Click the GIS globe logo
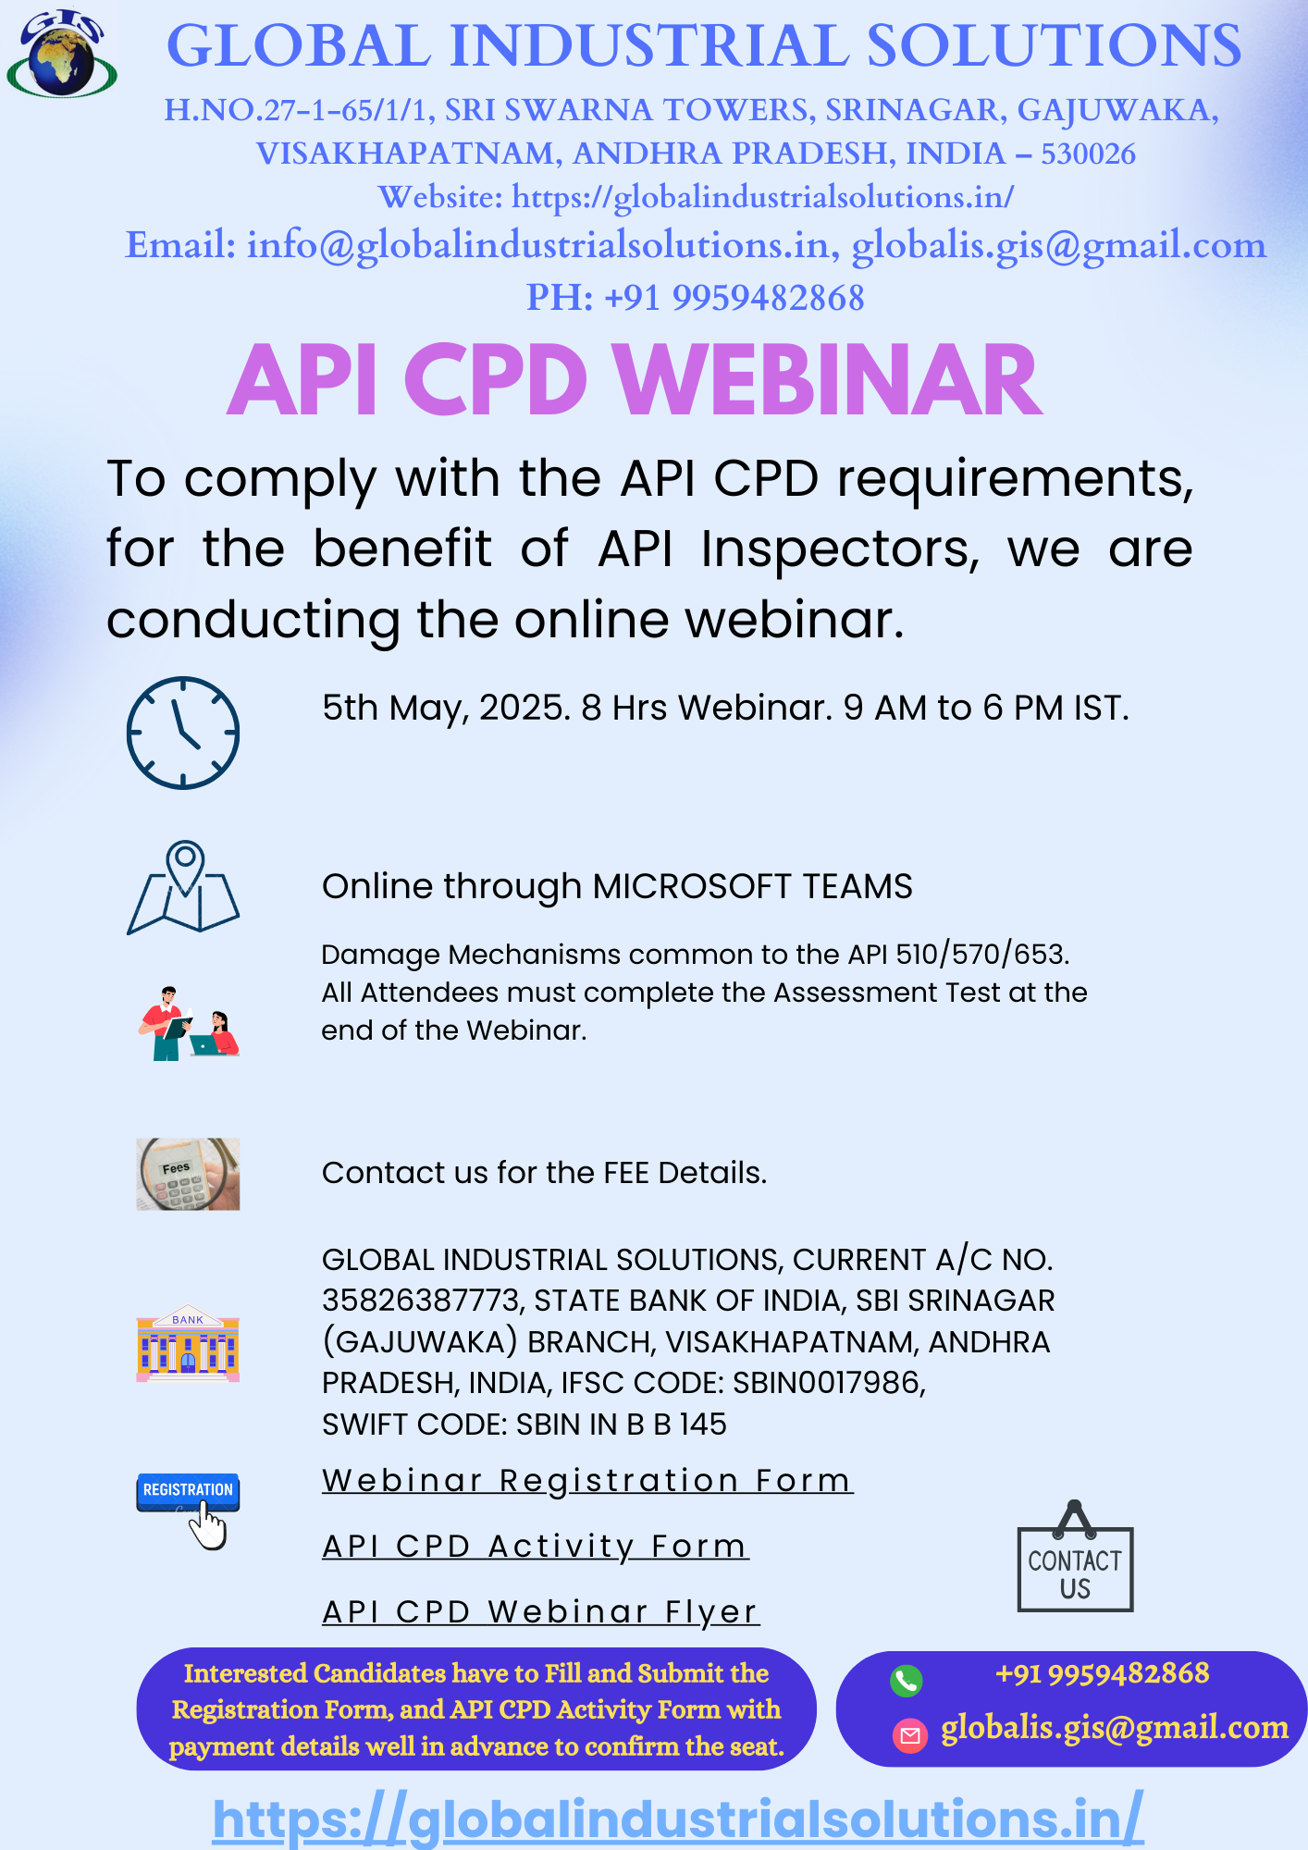coord(61,53)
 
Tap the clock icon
coord(183,733)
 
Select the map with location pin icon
coord(183,887)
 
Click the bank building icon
coord(188,1343)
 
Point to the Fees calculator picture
coord(188,1174)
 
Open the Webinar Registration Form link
coord(586,1480)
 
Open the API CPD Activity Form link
coord(535,1546)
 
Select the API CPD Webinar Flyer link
coord(540,1611)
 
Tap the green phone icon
coord(906,1680)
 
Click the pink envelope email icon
coord(909,1735)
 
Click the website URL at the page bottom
coord(678,1819)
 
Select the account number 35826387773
coord(422,1301)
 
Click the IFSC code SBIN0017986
coord(828,1382)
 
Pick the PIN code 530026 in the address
coord(1088,154)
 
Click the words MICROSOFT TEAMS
coord(752,886)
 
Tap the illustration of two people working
coord(189,1022)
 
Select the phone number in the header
coord(696,297)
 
